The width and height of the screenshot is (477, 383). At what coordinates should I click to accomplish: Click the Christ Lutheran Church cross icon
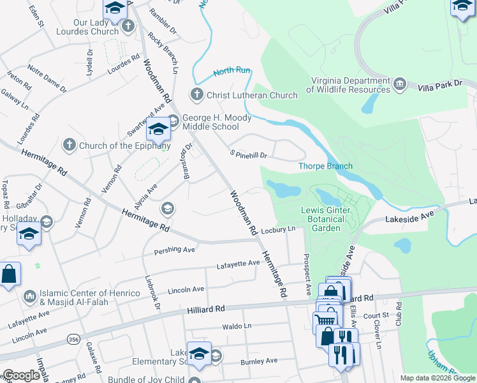tap(197, 95)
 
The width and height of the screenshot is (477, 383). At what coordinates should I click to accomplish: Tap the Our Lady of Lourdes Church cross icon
tap(128, 26)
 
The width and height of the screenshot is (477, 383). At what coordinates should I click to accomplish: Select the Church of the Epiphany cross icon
tap(70, 146)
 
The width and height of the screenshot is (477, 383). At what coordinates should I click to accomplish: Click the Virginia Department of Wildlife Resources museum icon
tap(400, 84)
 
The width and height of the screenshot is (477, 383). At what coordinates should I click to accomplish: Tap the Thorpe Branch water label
tap(325, 167)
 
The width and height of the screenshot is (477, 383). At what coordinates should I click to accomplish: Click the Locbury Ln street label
tap(279, 229)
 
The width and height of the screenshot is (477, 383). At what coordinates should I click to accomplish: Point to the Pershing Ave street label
tap(174, 250)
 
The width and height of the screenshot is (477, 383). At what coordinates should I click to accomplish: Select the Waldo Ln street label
tap(237, 326)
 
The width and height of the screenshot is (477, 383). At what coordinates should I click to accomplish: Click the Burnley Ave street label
tap(258, 361)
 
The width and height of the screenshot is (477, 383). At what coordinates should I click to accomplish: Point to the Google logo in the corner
tap(21, 375)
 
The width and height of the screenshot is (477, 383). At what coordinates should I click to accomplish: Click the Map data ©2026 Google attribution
tap(437, 378)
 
